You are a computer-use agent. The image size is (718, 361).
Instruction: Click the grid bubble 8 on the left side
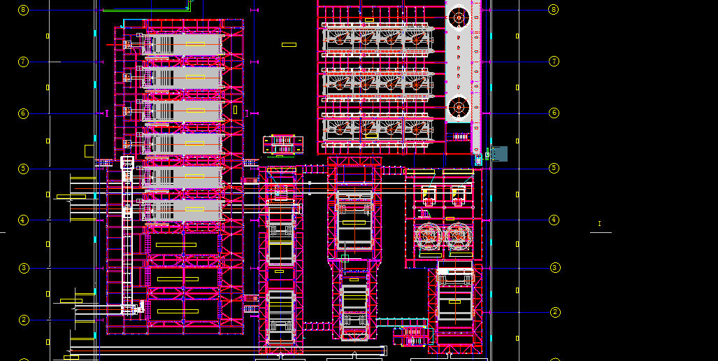[x=23, y=10]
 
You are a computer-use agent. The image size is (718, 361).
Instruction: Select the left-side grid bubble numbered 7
[x=23, y=62]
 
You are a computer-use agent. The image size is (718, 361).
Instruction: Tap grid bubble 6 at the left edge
[x=23, y=113]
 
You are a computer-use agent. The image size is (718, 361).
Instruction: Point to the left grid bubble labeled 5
[x=23, y=169]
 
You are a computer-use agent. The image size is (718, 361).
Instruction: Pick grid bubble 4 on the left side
[x=23, y=220]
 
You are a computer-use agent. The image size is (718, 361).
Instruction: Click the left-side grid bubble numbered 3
[x=23, y=268]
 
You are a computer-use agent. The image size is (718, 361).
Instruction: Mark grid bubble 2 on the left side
[x=24, y=320]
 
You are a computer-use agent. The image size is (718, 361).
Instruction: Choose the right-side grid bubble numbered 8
[x=554, y=10]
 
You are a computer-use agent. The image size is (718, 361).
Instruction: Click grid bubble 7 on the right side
[x=554, y=62]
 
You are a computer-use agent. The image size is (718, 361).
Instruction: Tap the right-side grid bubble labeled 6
[x=554, y=113]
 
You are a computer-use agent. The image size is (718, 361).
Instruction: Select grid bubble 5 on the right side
[x=554, y=168]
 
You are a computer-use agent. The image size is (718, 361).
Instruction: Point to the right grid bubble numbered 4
[x=554, y=220]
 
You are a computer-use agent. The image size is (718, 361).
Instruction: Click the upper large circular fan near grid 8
[x=459, y=17]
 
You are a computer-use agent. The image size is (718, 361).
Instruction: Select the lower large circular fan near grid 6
[x=459, y=108]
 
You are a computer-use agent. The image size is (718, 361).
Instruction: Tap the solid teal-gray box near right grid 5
[x=498, y=154]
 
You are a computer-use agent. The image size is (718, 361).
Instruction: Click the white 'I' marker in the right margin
[x=599, y=224]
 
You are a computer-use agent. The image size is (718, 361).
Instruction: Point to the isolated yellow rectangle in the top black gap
[x=289, y=45]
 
